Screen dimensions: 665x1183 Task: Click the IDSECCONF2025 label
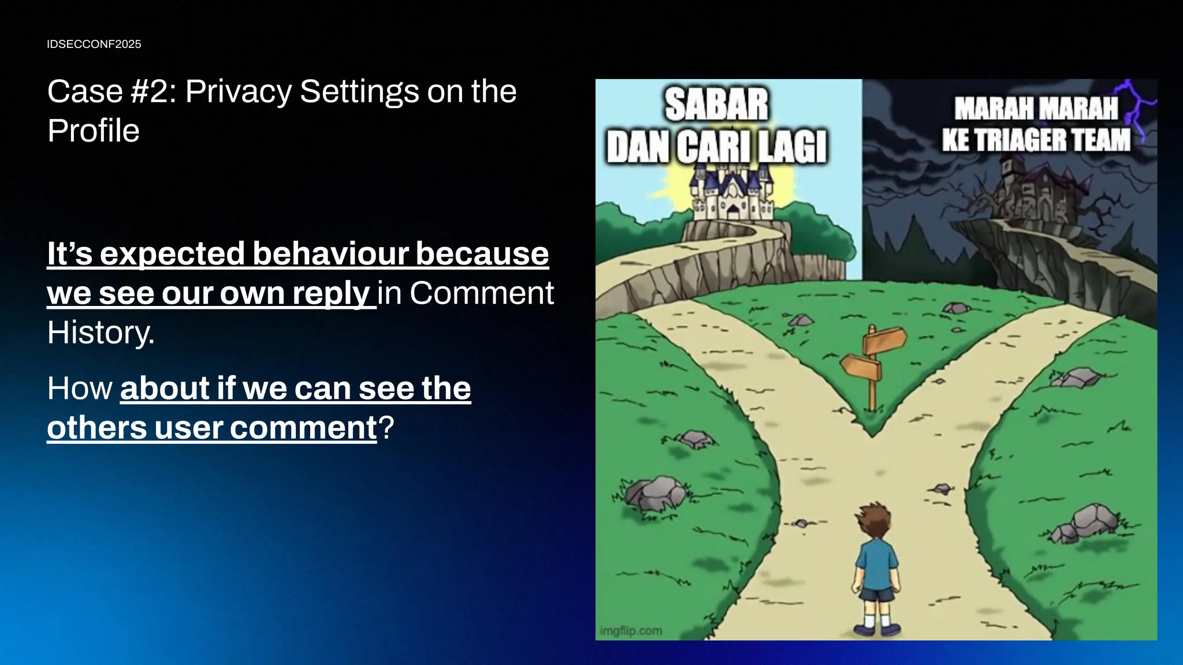pos(94,44)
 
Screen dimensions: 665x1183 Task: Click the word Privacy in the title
pos(238,92)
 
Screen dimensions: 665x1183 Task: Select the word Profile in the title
pos(93,131)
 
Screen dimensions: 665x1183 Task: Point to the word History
pos(101,332)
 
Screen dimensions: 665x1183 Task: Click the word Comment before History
pos(481,293)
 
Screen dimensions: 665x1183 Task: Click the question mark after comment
pos(386,428)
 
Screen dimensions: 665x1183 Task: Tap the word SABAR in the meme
pos(716,105)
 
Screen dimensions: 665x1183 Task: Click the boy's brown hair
pos(874,519)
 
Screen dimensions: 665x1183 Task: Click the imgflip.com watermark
pos(631,631)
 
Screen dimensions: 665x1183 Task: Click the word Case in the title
pos(85,92)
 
